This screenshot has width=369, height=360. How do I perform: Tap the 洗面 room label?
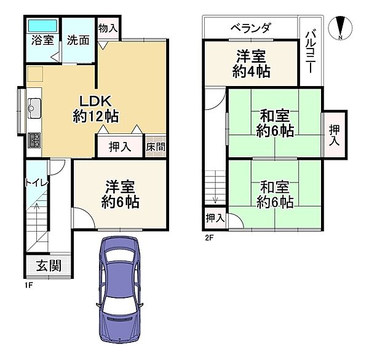(x=79, y=41)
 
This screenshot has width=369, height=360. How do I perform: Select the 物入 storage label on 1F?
(x=108, y=29)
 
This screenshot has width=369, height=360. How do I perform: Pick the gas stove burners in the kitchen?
(x=34, y=140)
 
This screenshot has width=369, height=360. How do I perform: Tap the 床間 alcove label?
(x=155, y=147)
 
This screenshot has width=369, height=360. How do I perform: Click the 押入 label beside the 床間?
(x=120, y=147)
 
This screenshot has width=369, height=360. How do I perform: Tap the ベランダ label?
(x=250, y=28)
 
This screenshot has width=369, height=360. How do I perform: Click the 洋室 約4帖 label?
(x=250, y=63)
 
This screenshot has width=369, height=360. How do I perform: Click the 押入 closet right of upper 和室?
(x=333, y=135)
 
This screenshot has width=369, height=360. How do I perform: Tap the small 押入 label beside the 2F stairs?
(x=215, y=218)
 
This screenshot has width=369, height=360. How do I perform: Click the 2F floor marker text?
(x=209, y=237)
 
